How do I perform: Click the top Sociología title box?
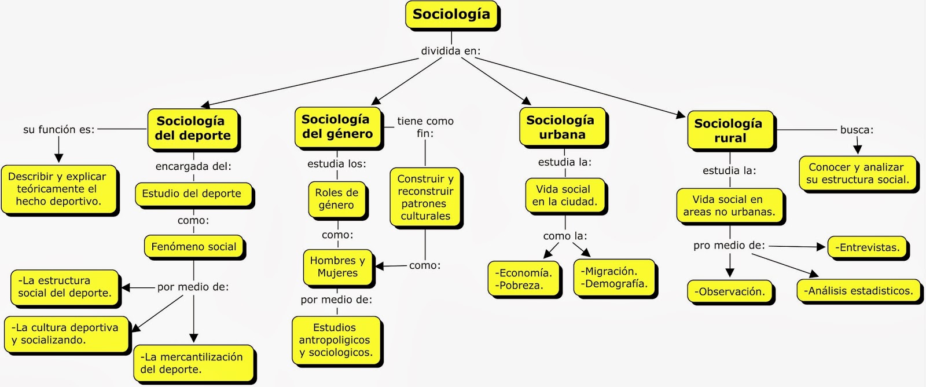pyautogui.click(x=451, y=15)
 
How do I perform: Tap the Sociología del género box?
pyautogui.click(x=337, y=126)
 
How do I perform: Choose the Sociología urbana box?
pyautogui.click(x=561, y=127)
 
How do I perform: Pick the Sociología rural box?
pyautogui.click(x=729, y=130)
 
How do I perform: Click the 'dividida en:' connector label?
pyautogui.click(x=451, y=51)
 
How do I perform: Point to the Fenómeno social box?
pyautogui.click(x=194, y=247)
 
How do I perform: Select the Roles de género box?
pyautogui.click(x=336, y=199)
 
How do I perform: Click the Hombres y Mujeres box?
pyautogui.click(x=337, y=266)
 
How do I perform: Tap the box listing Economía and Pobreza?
pyautogui.click(x=524, y=279)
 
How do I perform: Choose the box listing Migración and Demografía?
pyautogui.click(x=614, y=278)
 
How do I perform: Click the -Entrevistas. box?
pyautogui.click(x=868, y=247)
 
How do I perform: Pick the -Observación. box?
pyautogui.click(x=730, y=292)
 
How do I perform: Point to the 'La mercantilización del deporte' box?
pyautogui.click(x=193, y=363)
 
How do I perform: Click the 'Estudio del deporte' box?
pyautogui.click(x=192, y=193)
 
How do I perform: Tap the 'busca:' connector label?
pyautogui.click(x=857, y=130)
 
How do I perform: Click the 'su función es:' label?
pyautogui.click(x=58, y=130)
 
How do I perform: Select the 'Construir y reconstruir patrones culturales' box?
pyautogui.click(x=425, y=198)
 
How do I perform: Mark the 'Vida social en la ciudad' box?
pyautogui.click(x=564, y=195)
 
